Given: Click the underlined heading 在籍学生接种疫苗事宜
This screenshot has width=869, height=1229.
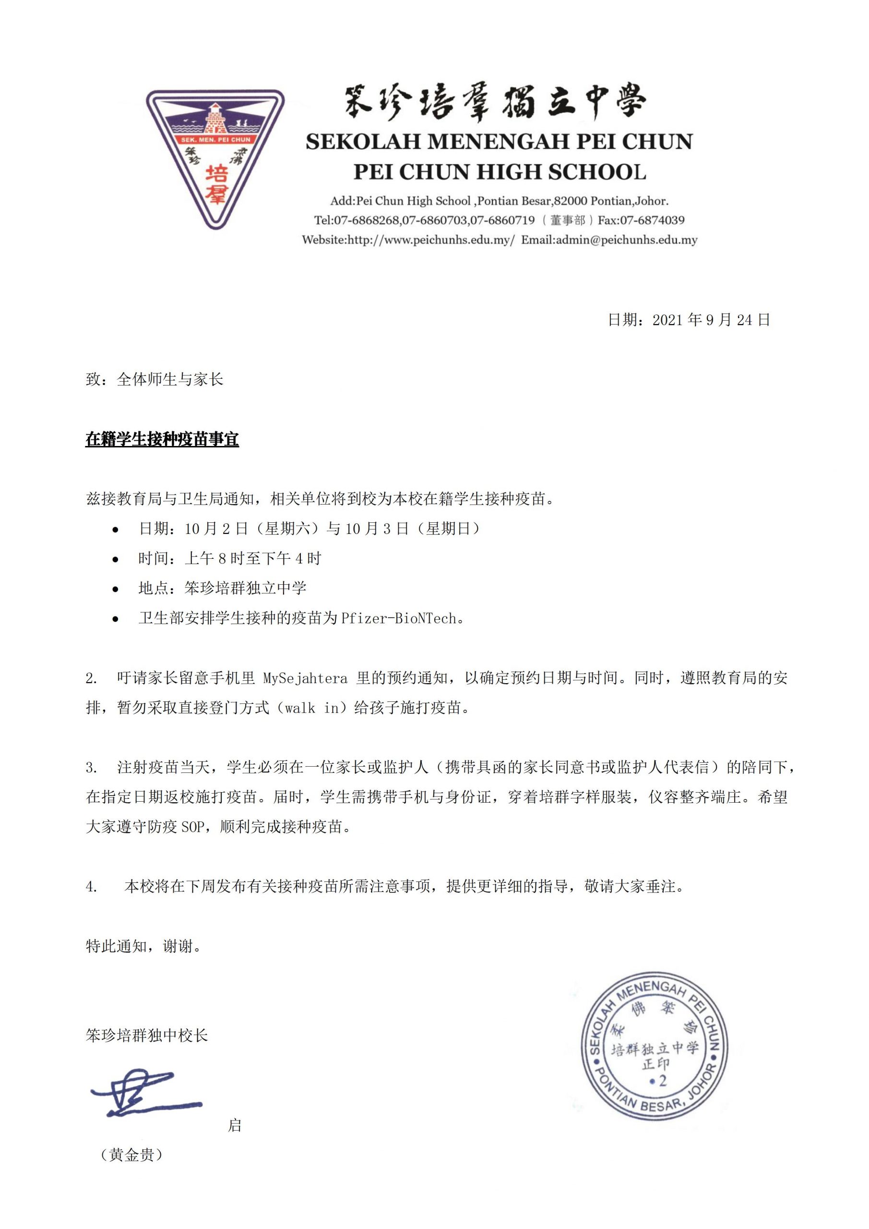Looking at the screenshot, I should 162,439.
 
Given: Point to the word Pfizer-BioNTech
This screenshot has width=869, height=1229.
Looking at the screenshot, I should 399,618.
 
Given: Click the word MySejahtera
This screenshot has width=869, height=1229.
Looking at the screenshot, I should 305,678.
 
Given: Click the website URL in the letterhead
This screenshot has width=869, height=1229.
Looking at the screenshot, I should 431,240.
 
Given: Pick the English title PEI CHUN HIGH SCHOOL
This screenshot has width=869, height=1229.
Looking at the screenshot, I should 499,171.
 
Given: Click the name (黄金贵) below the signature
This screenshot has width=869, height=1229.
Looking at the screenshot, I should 131,1155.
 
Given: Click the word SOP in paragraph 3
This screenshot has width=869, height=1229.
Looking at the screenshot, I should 192,827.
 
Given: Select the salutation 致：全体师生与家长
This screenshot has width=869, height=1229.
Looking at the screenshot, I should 154,380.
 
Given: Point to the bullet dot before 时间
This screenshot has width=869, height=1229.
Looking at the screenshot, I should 115,559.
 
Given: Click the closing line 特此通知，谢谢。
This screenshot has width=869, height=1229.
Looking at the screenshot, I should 143,946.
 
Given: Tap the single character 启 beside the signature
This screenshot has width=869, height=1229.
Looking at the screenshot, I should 234,1125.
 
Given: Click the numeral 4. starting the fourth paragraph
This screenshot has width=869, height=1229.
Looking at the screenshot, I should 92,887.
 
